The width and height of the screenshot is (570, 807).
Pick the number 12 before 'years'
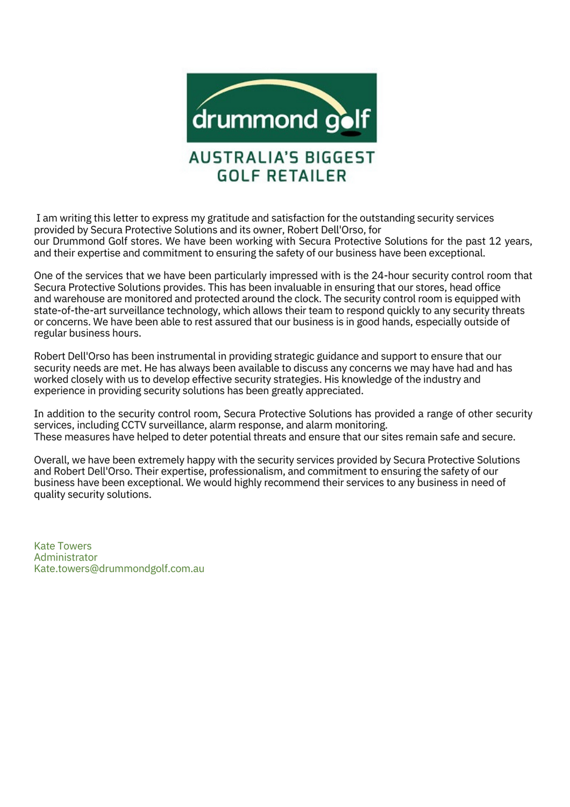coord(495,242)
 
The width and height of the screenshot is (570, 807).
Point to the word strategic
coord(294,357)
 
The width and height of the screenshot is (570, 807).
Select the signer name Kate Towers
coord(63,546)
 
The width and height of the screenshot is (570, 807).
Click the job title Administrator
coord(66,557)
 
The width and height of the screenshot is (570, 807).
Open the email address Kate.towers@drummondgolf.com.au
coord(119,569)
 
